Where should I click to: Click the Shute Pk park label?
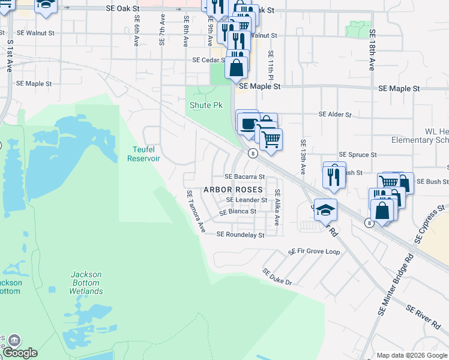206,105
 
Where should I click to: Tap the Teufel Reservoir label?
143,154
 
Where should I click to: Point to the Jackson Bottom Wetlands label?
86,283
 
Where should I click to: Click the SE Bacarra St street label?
244,177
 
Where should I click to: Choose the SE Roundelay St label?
240,235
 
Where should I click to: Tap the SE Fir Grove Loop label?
314,251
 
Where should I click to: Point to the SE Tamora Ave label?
196,212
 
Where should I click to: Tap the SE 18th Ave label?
372,50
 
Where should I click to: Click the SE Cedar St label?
208,60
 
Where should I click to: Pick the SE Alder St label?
334,114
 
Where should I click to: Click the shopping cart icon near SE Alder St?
271,138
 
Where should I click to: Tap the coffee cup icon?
247,124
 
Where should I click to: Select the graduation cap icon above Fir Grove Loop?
325,210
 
